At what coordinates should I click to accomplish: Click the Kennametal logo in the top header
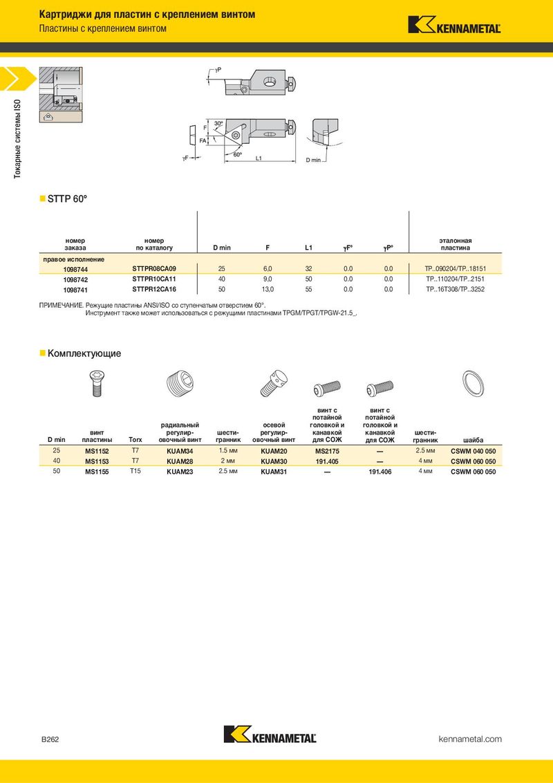[454, 25]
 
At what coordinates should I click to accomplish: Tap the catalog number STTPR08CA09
[154, 268]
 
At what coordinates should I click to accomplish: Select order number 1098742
[75, 280]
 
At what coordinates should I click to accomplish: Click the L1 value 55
[308, 289]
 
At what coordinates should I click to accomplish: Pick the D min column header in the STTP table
[222, 248]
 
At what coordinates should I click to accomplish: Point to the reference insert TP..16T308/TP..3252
[455, 289]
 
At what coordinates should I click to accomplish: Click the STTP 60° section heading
[67, 199]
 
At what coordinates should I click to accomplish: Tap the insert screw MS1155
[97, 472]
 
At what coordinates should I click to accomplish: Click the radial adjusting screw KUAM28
[180, 461]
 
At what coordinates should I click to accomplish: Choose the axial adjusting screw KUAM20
[274, 451]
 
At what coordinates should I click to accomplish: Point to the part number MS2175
[328, 451]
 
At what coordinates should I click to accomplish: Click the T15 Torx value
[135, 471]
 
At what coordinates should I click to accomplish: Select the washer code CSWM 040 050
[473, 451]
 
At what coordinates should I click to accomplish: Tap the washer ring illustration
[472, 383]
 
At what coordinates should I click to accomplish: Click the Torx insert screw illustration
[97, 383]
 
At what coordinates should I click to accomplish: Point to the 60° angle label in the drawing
[238, 155]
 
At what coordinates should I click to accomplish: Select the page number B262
[50, 739]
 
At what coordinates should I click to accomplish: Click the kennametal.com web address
[470, 739]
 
